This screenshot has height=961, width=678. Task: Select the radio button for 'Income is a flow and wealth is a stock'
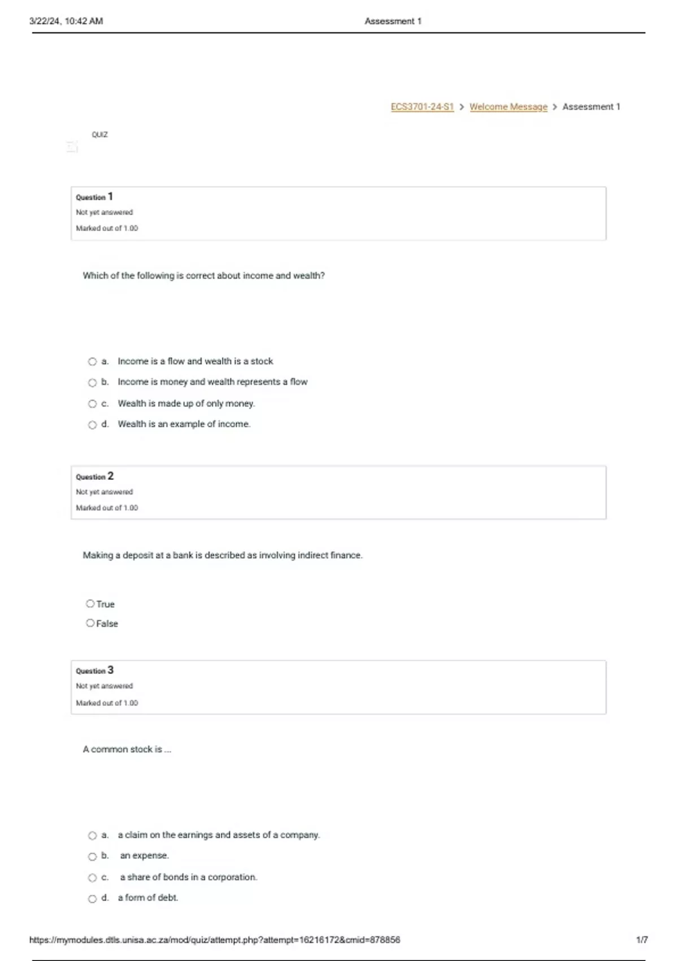92,362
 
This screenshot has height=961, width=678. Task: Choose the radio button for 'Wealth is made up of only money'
92,404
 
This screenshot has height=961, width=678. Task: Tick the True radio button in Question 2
90,604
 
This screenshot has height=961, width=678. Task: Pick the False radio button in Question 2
90,623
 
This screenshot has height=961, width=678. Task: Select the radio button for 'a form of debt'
92,899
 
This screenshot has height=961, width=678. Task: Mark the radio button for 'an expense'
92,856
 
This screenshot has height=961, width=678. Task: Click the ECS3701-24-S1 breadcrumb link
422,107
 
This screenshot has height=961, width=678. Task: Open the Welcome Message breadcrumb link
508,107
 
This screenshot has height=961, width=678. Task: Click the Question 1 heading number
110,197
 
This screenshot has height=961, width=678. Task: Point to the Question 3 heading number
110,670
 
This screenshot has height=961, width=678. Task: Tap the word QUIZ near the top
99,135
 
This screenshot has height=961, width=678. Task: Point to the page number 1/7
641,940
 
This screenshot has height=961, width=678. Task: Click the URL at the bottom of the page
214,940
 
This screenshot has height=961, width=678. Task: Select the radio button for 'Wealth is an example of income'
92,425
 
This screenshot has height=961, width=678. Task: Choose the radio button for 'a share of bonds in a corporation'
92,878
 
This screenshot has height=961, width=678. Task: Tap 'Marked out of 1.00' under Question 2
107,508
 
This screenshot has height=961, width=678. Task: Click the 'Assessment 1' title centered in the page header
393,21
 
